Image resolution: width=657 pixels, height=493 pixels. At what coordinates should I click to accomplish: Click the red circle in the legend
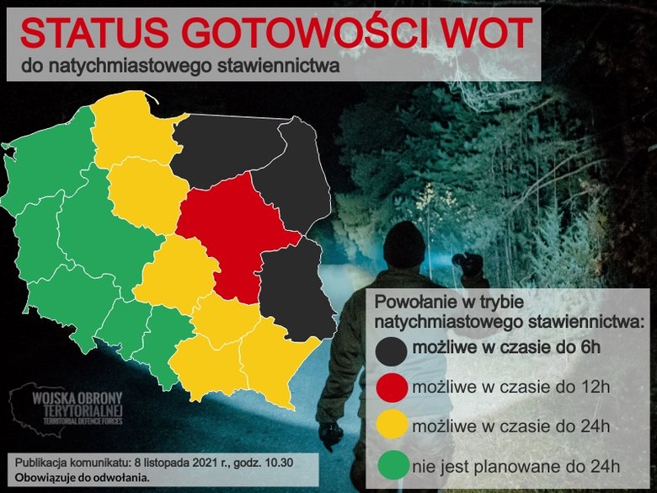pyautogui.click(x=393, y=389)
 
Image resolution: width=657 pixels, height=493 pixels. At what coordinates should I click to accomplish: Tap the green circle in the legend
pyautogui.click(x=393, y=465)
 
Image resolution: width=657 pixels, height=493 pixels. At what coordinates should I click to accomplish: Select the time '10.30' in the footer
pyautogui.click(x=280, y=462)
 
